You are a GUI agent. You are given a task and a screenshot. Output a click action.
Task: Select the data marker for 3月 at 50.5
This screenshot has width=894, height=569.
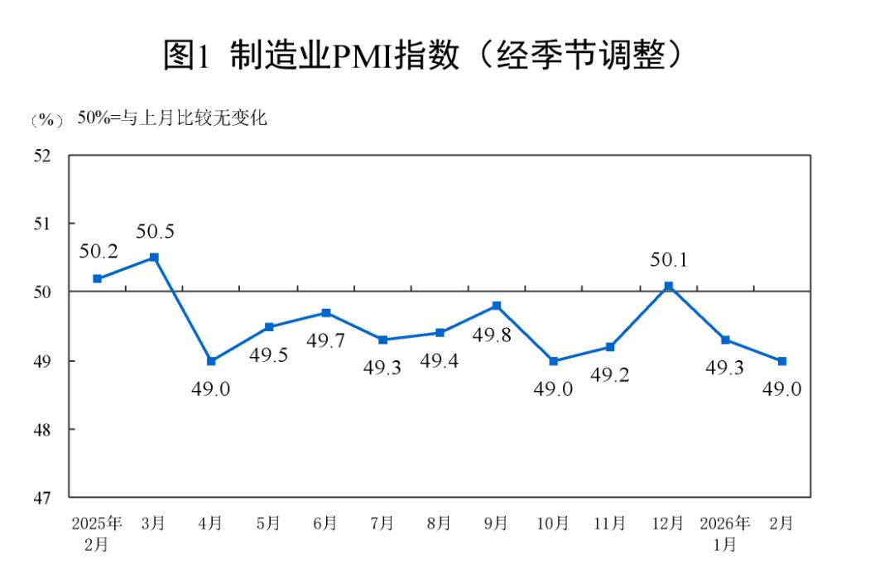point(154,258)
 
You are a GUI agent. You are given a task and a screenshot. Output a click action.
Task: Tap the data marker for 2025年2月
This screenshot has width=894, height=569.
point(97,278)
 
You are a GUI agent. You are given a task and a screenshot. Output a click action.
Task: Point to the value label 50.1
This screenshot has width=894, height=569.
point(669,260)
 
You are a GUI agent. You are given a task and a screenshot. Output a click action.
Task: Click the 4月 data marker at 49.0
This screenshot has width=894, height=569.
point(211,361)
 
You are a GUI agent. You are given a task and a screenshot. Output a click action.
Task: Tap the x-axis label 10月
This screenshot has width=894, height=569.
point(553,523)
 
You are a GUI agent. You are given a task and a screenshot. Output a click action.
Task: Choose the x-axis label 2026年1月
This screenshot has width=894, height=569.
point(725,534)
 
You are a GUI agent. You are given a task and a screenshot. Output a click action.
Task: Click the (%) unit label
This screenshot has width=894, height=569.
point(46,120)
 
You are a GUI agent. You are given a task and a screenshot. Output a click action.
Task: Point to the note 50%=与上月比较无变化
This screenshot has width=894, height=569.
point(172,118)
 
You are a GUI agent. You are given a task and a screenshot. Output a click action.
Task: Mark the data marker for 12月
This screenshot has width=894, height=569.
point(669,287)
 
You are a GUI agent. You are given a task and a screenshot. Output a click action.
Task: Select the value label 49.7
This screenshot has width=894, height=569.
point(326,340)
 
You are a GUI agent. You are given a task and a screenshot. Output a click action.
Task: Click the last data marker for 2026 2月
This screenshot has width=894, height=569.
point(782,361)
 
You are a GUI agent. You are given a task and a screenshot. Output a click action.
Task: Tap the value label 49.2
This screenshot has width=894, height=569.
point(610,375)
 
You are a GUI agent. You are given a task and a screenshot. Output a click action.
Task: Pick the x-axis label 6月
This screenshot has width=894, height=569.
point(325,523)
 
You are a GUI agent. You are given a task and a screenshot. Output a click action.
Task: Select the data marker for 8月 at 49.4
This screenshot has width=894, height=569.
point(440,333)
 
